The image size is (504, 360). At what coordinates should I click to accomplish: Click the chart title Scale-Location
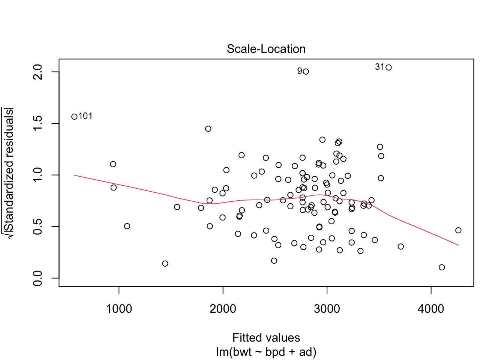pyautogui.click(x=266, y=49)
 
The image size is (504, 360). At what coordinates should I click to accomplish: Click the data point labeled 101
pyautogui.click(x=74, y=117)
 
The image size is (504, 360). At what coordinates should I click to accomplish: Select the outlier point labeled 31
pyautogui.click(x=388, y=67)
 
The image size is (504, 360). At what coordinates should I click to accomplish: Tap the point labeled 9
pyautogui.click(x=306, y=72)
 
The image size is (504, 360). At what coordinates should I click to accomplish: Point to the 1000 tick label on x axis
pyautogui.click(x=119, y=309)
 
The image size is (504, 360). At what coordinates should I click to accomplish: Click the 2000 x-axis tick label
pyautogui.click(x=223, y=309)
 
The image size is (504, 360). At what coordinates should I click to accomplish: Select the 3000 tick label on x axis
pyautogui.click(x=327, y=309)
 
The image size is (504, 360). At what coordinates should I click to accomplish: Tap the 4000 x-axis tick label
pyautogui.click(x=431, y=309)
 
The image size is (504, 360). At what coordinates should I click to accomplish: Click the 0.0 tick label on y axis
pyautogui.click(x=38, y=278)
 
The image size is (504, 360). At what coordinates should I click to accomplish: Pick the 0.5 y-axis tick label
pyautogui.click(x=38, y=226)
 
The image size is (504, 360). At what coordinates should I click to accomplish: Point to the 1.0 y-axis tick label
pyautogui.click(x=38, y=175)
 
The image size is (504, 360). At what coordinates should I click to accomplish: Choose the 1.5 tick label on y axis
pyautogui.click(x=38, y=123)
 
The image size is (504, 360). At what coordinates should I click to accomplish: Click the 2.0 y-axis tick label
pyautogui.click(x=38, y=72)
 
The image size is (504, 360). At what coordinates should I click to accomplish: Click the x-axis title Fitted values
pyautogui.click(x=266, y=338)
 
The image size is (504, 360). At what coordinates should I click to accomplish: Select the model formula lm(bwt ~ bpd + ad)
pyautogui.click(x=266, y=352)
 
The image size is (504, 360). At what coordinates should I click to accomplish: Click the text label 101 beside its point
pyautogui.click(x=85, y=116)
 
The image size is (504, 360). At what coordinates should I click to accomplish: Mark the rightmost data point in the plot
pyautogui.click(x=458, y=230)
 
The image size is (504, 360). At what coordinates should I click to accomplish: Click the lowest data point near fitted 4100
pyautogui.click(x=442, y=267)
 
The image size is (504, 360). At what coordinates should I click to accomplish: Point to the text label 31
pyautogui.click(x=379, y=67)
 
